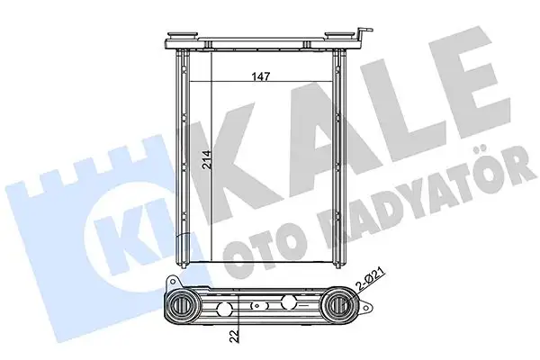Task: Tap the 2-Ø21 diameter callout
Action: pyautogui.click(x=367, y=287)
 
